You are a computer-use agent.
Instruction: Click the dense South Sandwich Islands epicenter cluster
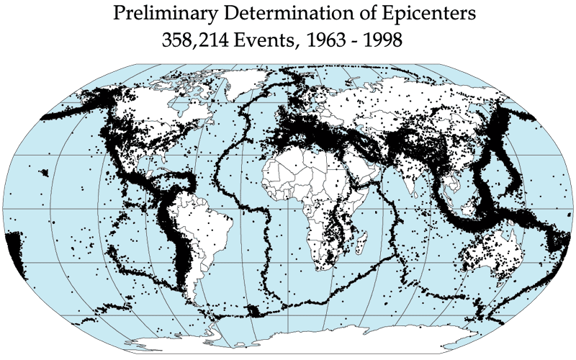pos(253,311)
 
